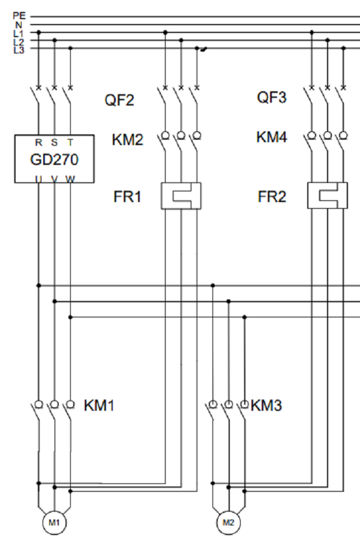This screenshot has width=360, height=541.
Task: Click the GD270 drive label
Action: click(54, 160)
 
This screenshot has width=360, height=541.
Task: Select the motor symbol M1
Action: click(54, 522)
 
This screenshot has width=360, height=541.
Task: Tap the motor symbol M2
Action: click(228, 522)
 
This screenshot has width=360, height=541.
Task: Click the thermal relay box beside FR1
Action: click(181, 196)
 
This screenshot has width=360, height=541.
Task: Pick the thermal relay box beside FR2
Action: click(327, 196)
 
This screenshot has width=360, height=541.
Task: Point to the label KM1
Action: click(99, 405)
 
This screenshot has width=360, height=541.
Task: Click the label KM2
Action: click(128, 140)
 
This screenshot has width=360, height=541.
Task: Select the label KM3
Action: click(266, 405)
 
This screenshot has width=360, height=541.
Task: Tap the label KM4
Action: click(272, 137)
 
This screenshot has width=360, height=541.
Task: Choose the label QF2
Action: click(119, 100)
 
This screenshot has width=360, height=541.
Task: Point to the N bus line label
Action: click(19, 25)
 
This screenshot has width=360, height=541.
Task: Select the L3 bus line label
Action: click(19, 49)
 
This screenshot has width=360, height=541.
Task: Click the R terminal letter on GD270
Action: click(38, 143)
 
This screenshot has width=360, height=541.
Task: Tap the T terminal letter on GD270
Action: click(70, 143)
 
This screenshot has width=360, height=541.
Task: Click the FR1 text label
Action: click(127, 197)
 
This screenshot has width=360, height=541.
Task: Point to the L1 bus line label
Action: click(19, 33)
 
